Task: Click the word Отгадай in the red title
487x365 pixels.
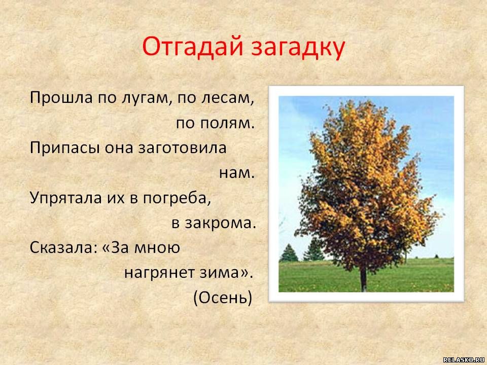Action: click(192, 47)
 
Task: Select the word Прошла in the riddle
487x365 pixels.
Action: click(61, 98)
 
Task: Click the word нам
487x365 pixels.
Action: click(237, 173)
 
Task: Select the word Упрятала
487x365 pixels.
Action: click(66, 198)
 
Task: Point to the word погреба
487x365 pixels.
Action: click(177, 198)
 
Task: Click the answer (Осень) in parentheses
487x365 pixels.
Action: click(223, 298)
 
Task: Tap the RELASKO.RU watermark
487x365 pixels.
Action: click(465, 360)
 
